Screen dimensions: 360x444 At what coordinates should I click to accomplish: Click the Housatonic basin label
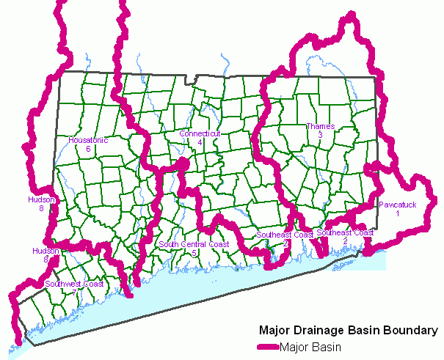pyautogui.click(x=88, y=140)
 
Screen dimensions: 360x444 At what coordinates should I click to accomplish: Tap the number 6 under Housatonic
pyautogui.click(x=88, y=149)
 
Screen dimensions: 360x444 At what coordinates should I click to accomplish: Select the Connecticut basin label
pyautogui.click(x=200, y=133)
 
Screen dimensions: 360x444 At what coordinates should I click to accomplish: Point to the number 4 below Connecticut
pyautogui.click(x=200, y=142)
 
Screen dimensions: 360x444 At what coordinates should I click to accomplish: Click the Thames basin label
pyautogui.click(x=320, y=126)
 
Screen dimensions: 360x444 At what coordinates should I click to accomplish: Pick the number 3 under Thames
pyautogui.click(x=320, y=135)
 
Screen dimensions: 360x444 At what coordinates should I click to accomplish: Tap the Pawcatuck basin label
pyautogui.click(x=398, y=205)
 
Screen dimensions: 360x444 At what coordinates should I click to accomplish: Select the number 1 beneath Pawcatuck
pyautogui.click(x=398, y=213)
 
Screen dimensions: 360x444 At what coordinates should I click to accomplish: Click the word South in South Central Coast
pyautogui.click(x=170, y=244)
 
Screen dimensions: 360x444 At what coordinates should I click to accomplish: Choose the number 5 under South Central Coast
pyautogui.click(x=194, y=253)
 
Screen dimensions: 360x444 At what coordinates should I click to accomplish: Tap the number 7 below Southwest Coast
pyautogui.click(x=73, y=292)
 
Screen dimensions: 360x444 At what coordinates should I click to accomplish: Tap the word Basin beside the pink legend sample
pyautogui.click(x=330, y=346)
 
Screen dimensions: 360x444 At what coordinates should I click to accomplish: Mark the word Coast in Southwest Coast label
pyautogui.click(x=93, y=283)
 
